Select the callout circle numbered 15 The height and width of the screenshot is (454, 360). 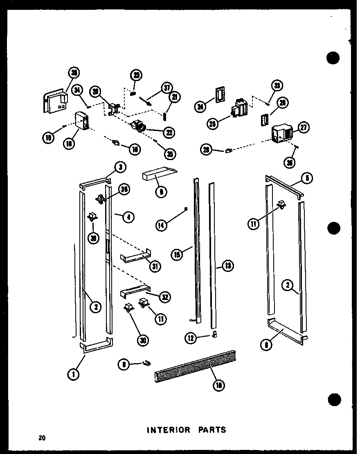(x=177, y=254)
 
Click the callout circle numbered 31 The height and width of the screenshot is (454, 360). (x=155, y=266)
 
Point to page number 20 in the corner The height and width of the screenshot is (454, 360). (x=42, y=438)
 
